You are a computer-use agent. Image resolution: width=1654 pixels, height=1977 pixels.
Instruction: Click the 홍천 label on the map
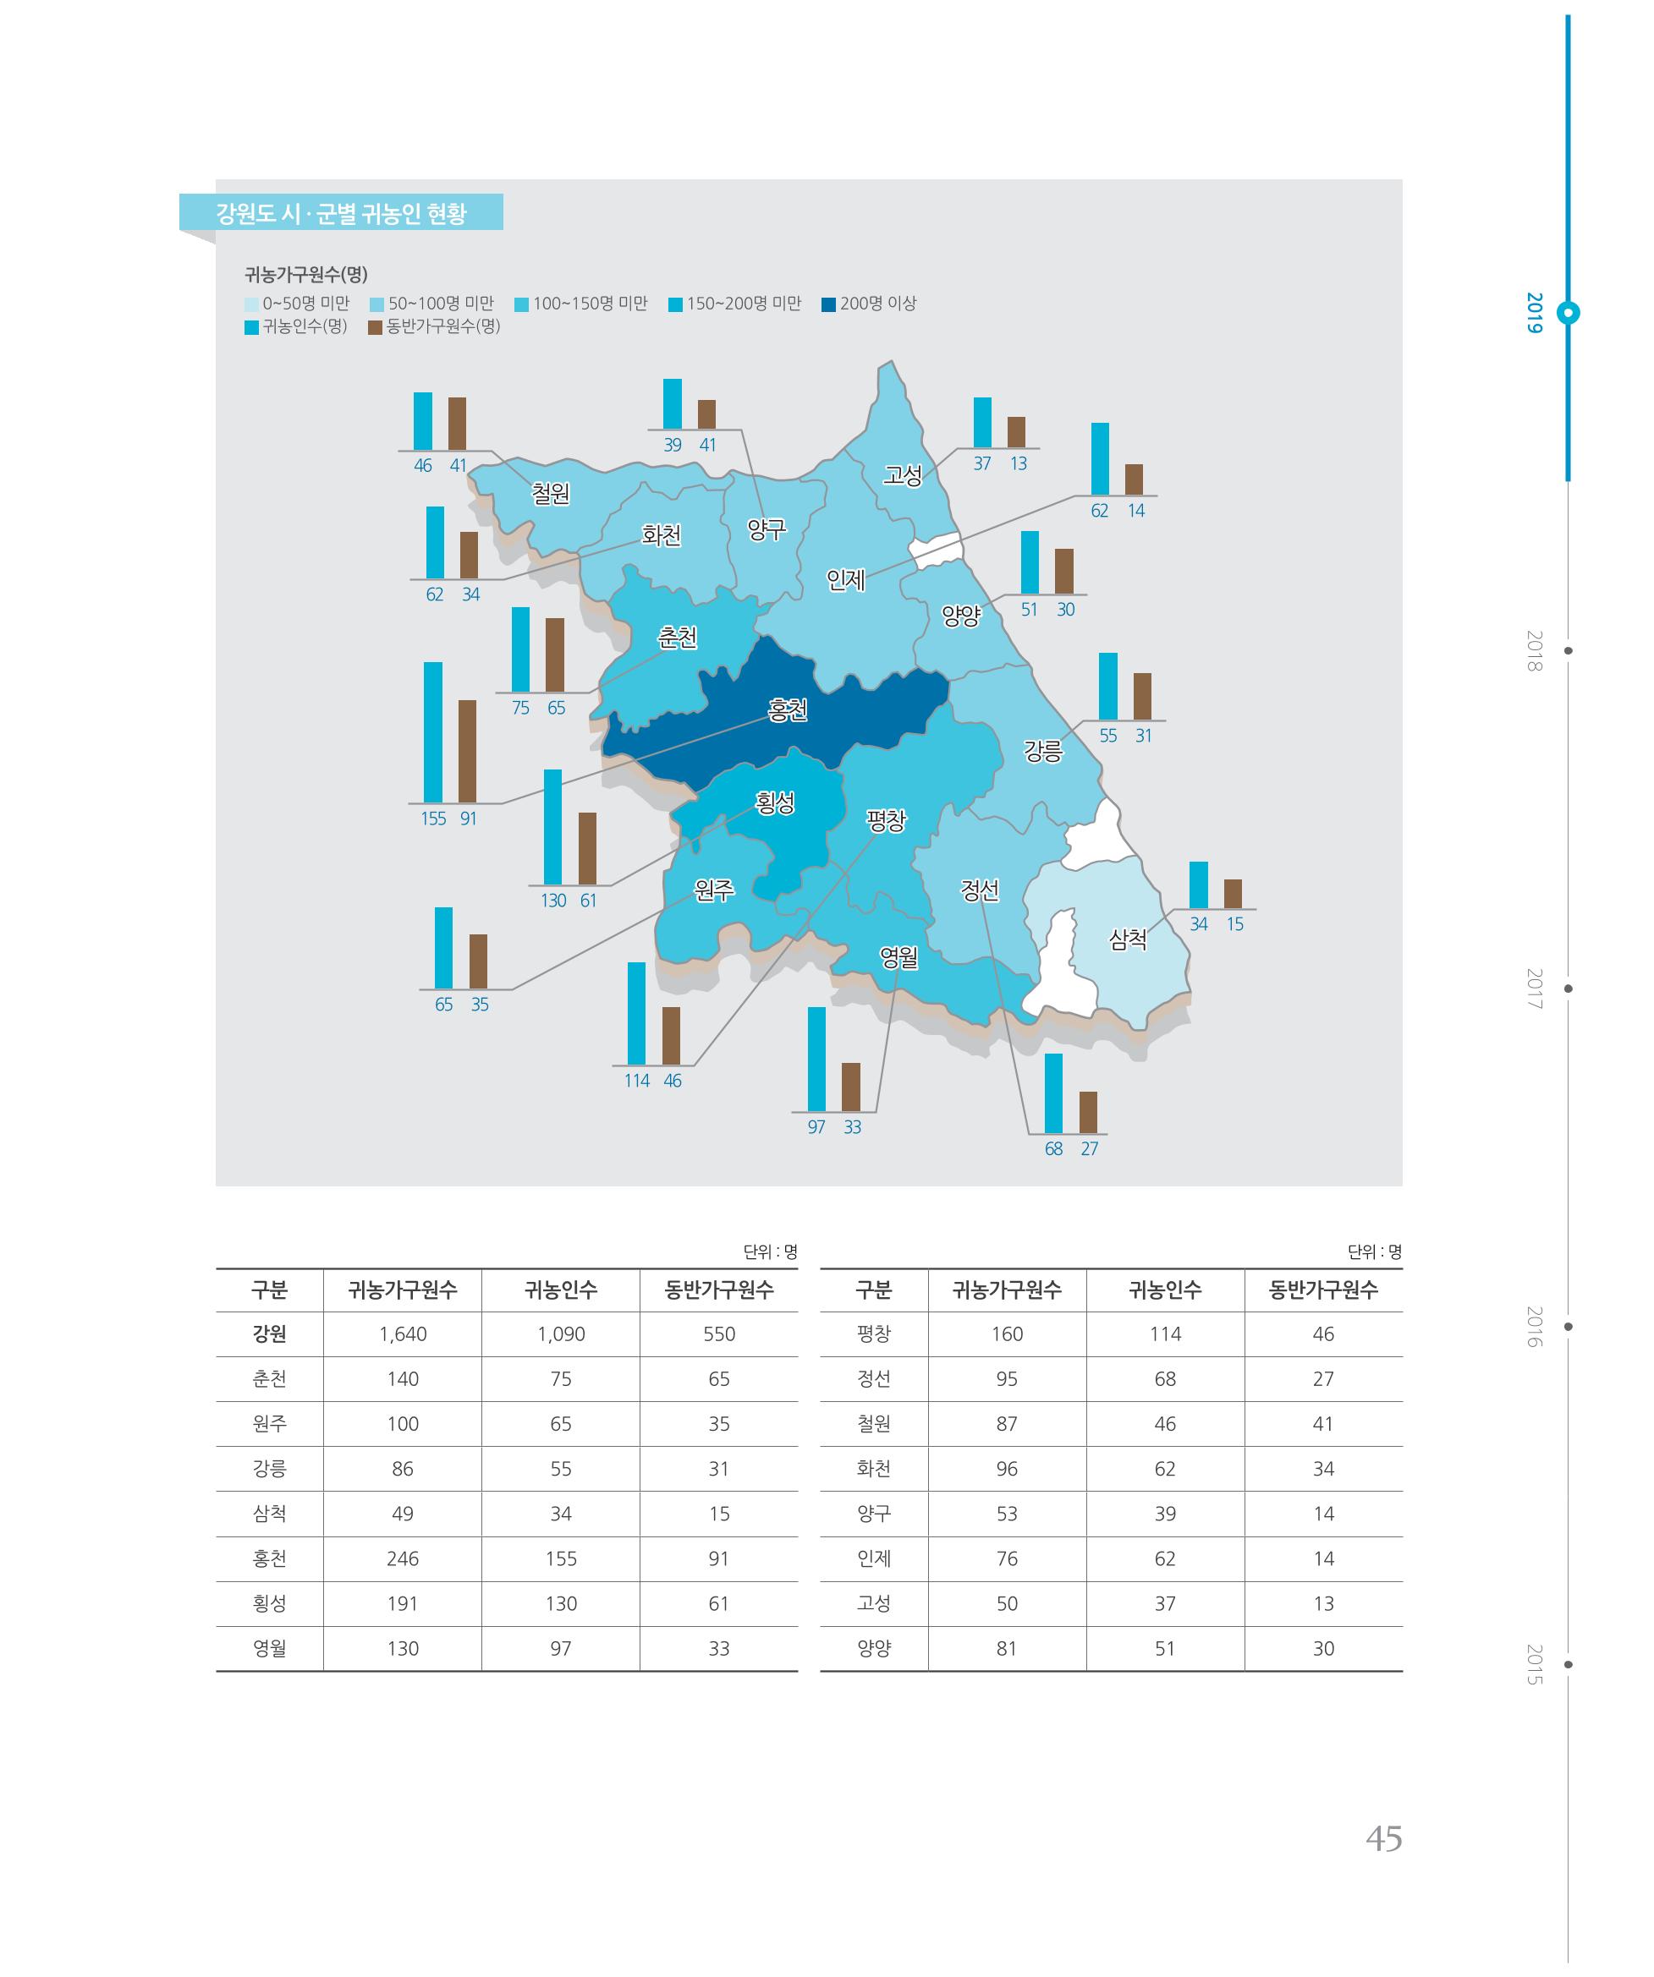pos(788,709)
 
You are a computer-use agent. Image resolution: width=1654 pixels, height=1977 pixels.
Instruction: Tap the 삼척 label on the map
pos(1128,939)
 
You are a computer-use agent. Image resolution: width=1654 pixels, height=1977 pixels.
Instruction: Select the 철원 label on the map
pos(550,492)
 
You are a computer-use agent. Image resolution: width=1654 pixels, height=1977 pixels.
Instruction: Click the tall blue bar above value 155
pos(432,732)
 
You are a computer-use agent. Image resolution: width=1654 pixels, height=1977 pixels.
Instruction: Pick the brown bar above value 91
pos(467,751)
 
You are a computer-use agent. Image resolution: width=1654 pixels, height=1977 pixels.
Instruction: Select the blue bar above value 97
pos(816,1059)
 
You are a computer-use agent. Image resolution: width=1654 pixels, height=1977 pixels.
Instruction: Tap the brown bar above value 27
pos(1088,1112)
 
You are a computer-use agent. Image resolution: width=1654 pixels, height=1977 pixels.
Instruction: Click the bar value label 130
pos(553,901)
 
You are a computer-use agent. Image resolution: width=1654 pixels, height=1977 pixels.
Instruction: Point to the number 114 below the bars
pos(637,1081)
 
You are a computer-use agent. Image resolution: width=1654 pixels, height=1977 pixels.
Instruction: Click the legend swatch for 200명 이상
pos(829,304)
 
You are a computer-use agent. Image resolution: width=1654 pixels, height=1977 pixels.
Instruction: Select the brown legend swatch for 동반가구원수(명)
pos(375,327)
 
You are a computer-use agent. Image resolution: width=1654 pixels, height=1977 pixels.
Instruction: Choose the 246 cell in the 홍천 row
pos(404,1558)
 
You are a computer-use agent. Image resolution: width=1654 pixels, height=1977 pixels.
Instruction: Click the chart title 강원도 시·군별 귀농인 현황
pos(341,213)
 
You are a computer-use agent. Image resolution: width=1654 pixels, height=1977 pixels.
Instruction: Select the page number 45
pos(1383,1838)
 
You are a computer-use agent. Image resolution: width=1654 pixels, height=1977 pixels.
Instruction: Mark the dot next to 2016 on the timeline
pos(1569,1327)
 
